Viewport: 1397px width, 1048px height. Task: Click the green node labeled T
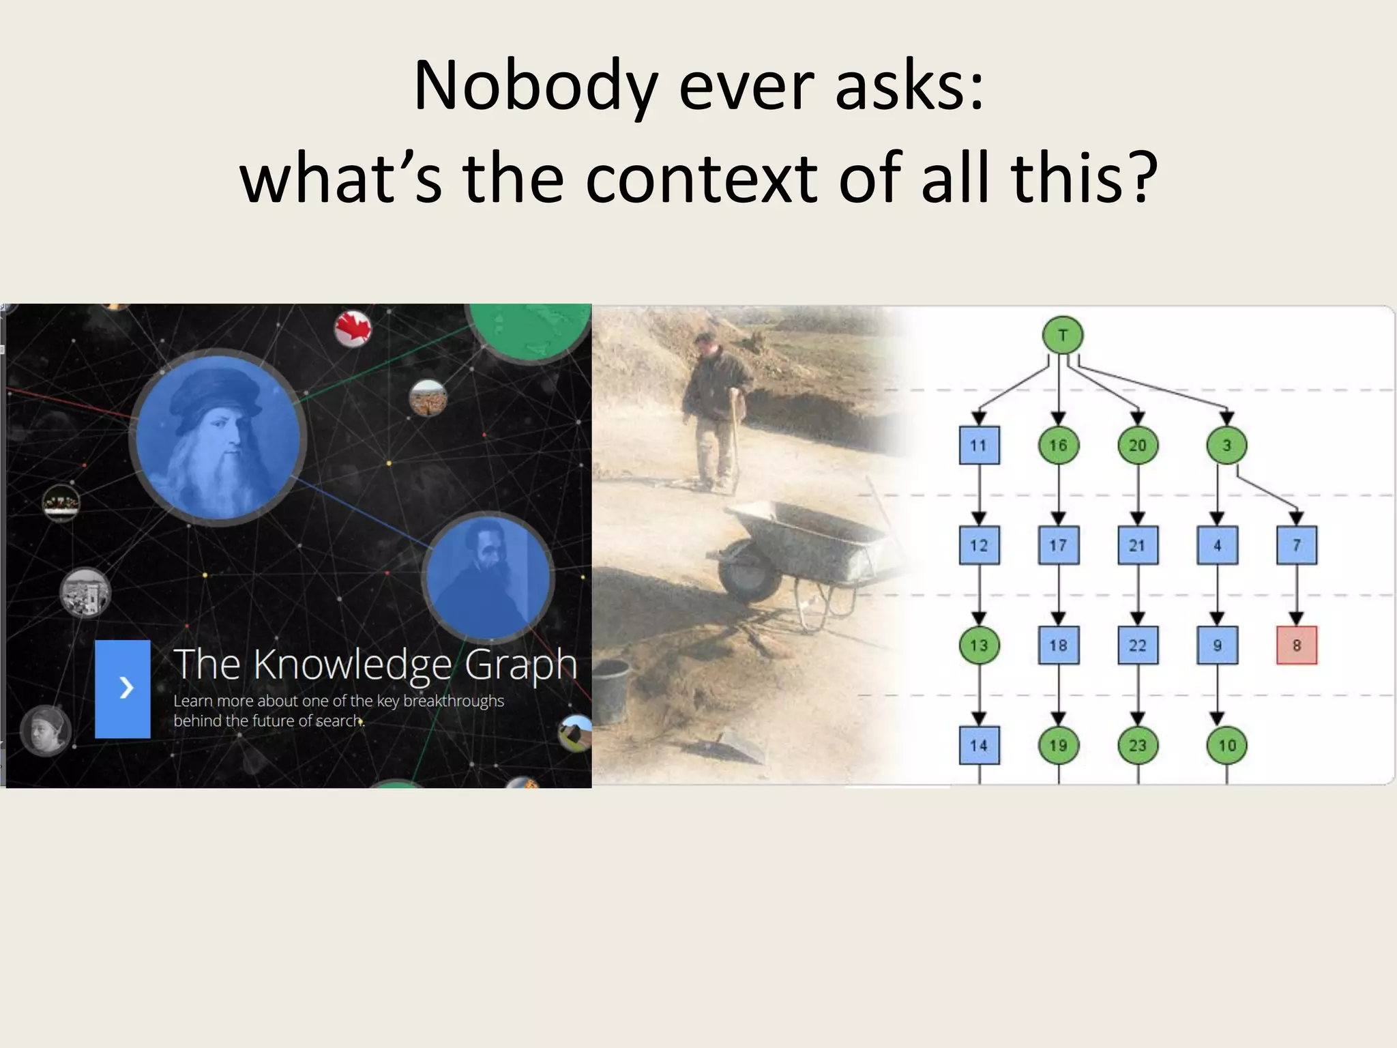[x=1063, y=335]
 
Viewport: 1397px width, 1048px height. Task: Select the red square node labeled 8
[x=1297, y=645]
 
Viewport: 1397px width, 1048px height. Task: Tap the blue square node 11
[x=979, y=446]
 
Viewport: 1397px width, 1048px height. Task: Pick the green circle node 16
[x=1058, y=446]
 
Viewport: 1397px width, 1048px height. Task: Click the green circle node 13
[x=979, y=645]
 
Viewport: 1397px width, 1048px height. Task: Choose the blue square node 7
[x=1297, y=545]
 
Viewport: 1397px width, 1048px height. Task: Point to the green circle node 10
[x=1226, y=745]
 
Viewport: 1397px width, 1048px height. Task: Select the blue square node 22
[x=1138, y=645]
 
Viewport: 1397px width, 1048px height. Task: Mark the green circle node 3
[x=1226, y=446]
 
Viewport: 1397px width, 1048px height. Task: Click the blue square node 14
[x=979, y=745]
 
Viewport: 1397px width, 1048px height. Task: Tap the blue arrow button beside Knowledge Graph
[x=123, y=688]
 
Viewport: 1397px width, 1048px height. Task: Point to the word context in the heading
[x=701, y=179]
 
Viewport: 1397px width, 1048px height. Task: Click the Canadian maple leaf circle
[x=353, y=328]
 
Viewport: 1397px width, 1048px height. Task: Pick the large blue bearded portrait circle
[x=218, y=437]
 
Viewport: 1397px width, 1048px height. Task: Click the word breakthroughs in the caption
[x=454, y=701]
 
